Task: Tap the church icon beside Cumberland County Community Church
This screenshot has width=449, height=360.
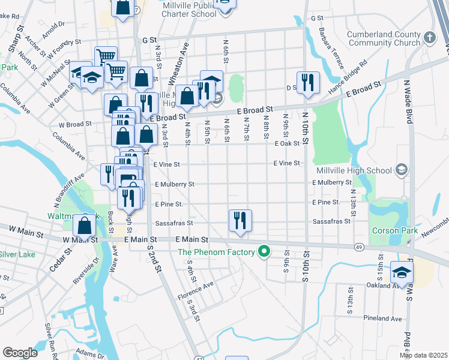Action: click(x=429, y=38)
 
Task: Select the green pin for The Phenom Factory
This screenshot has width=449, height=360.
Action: click(x=263, y=251)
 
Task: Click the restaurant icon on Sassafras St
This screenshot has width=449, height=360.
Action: click(x=240, y=220)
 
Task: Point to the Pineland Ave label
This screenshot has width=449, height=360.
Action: click(x=382, y=318)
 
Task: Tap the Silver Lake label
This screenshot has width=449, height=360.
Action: click(x=18, y=254)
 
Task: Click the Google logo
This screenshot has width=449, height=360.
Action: click(x=20, y=353)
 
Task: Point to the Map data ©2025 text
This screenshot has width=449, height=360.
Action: click(x=423, y=355)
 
